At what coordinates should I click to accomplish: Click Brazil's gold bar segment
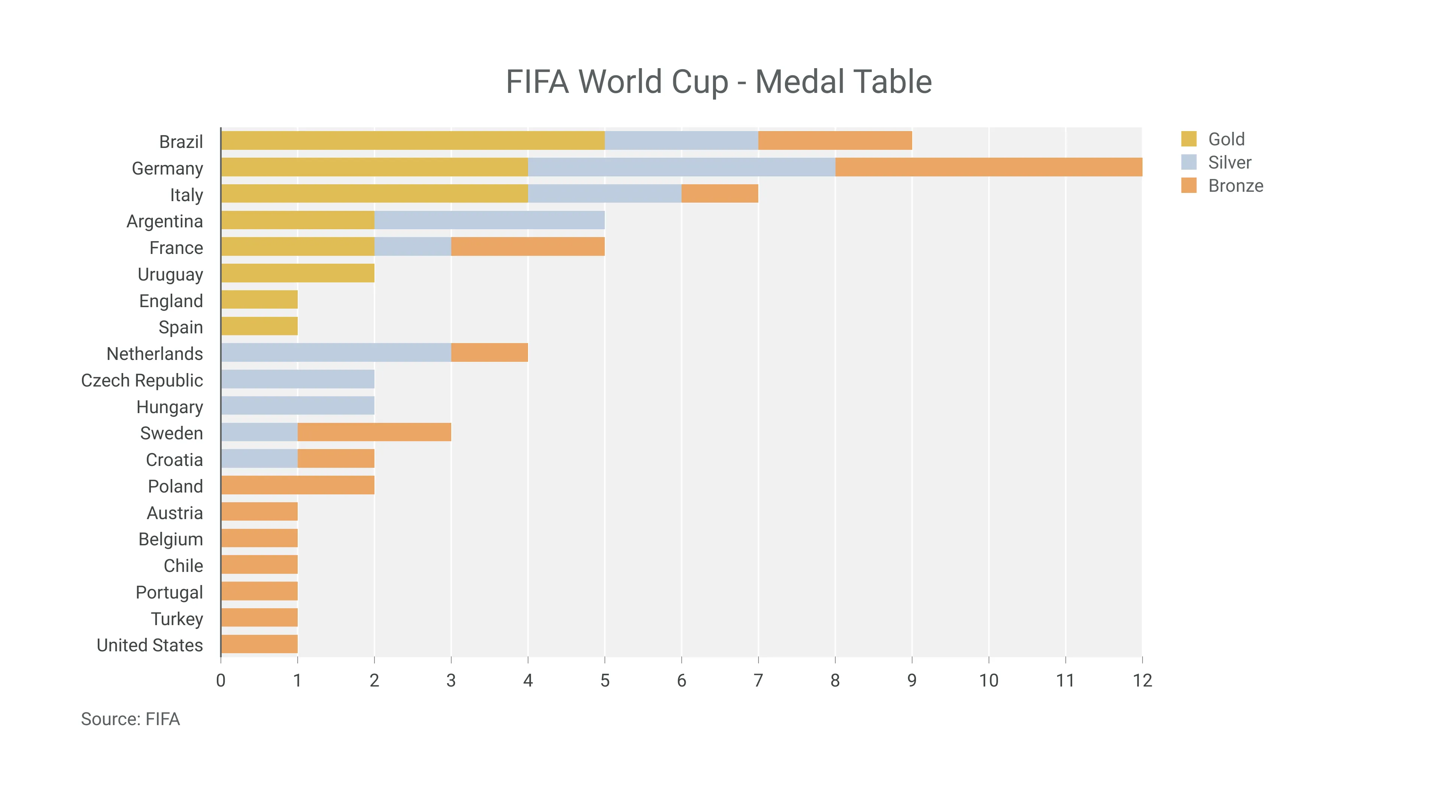coord(413,141)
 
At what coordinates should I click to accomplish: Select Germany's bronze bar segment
coord(988,167)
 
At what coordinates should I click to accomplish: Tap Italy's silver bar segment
coord(604,194)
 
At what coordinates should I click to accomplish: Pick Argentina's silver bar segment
coord(489,220)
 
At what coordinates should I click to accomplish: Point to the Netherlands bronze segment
coord(489,353)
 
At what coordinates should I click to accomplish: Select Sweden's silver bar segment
coord(259,432)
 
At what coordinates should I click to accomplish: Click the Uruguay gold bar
coord(298,273)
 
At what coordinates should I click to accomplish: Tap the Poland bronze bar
coord(298,485)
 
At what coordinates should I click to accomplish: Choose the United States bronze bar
coord(259,644)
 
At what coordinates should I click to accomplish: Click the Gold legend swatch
coord(1189,139)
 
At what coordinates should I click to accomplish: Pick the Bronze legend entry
coord(1235,186)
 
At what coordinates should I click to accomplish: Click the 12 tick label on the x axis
coord(1142,680)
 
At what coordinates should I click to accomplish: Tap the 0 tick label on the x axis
coord(221,680)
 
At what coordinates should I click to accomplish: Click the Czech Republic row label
coord(142,380)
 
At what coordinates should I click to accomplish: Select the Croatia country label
coord(174,460)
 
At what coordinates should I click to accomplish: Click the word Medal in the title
coord(801,82)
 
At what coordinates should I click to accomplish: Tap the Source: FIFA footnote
coord(130,719)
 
